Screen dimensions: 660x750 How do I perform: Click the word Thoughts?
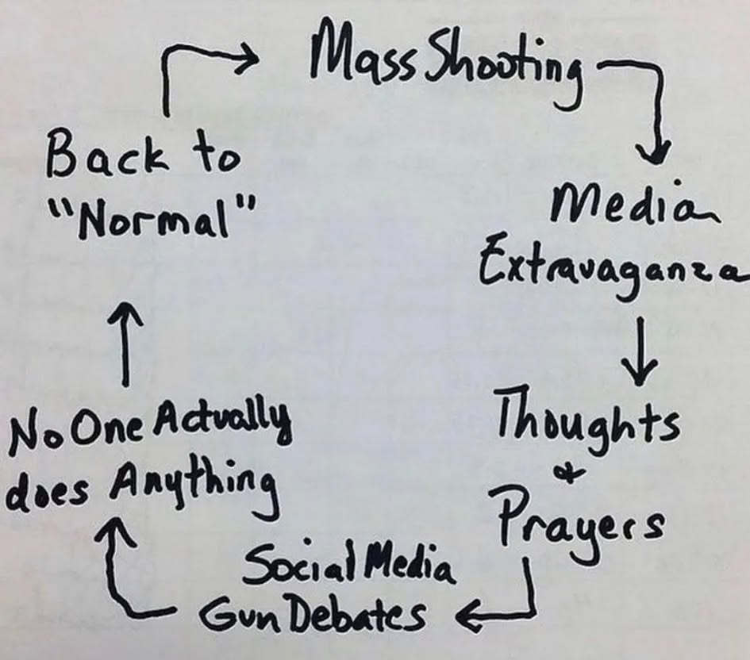click(x=587, y=420)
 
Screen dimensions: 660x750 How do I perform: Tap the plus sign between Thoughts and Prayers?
click(x=574, y=474)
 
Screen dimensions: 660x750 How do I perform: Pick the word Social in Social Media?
click(x=293, y=566)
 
